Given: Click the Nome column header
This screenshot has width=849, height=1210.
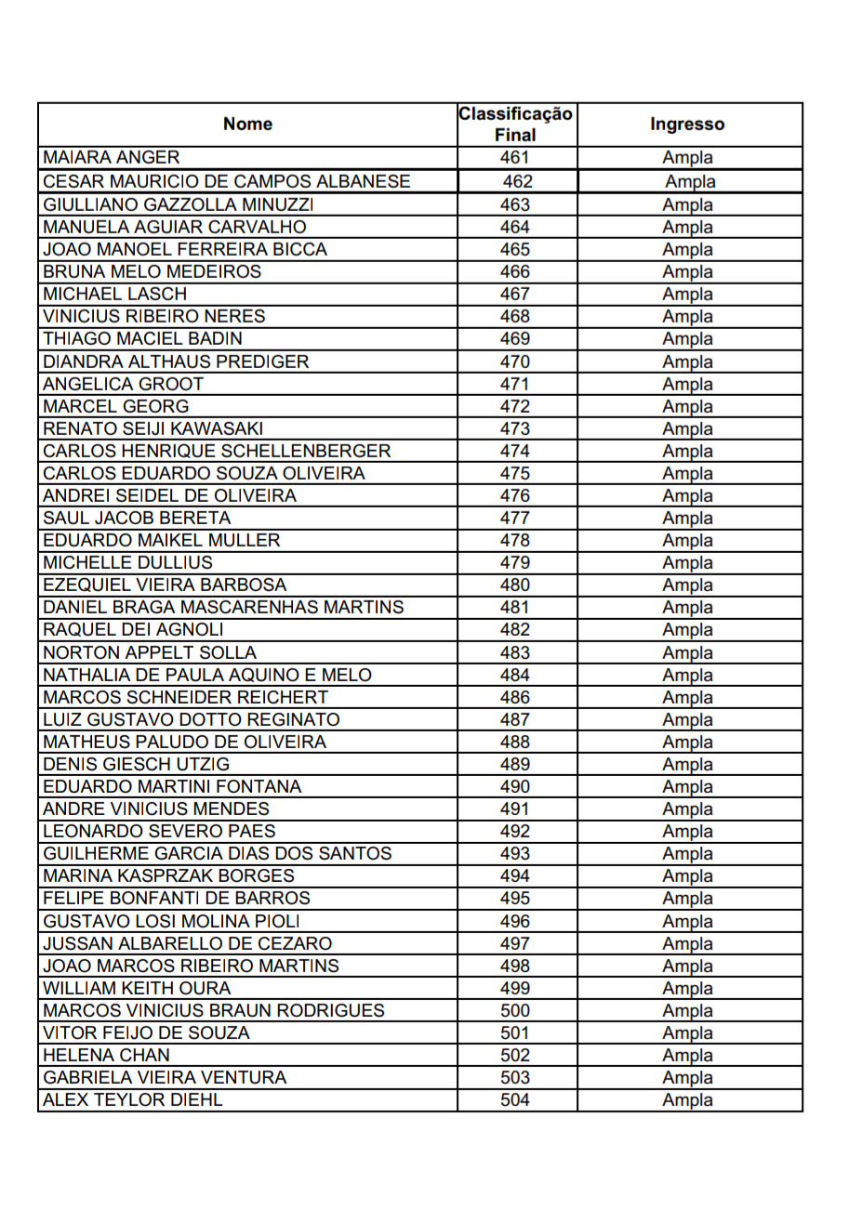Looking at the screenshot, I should (x=248, y=124).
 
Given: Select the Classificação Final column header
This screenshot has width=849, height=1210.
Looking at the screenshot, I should (x=515, y=124).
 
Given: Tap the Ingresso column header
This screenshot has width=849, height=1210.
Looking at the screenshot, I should (x=687, y=124).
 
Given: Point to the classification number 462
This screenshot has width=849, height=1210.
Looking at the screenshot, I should (x=518, y=181).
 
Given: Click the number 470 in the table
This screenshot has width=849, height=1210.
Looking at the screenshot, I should (x=515, y=362).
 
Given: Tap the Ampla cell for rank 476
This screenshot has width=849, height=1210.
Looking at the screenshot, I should (x=687, y=496).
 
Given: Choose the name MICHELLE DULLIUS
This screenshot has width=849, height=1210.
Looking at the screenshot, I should (x=127, y=563).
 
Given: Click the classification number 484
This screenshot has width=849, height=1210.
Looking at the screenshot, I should (x=515, y=675).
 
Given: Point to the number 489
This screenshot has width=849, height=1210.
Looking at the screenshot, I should (x=515, y=765).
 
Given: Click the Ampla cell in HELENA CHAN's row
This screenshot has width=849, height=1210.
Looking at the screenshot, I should (x=687, y=1056).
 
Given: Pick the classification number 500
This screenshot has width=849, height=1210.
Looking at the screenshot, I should (x=515, y=1011).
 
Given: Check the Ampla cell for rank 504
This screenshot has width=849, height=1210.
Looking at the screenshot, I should (x=687, y=1100).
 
